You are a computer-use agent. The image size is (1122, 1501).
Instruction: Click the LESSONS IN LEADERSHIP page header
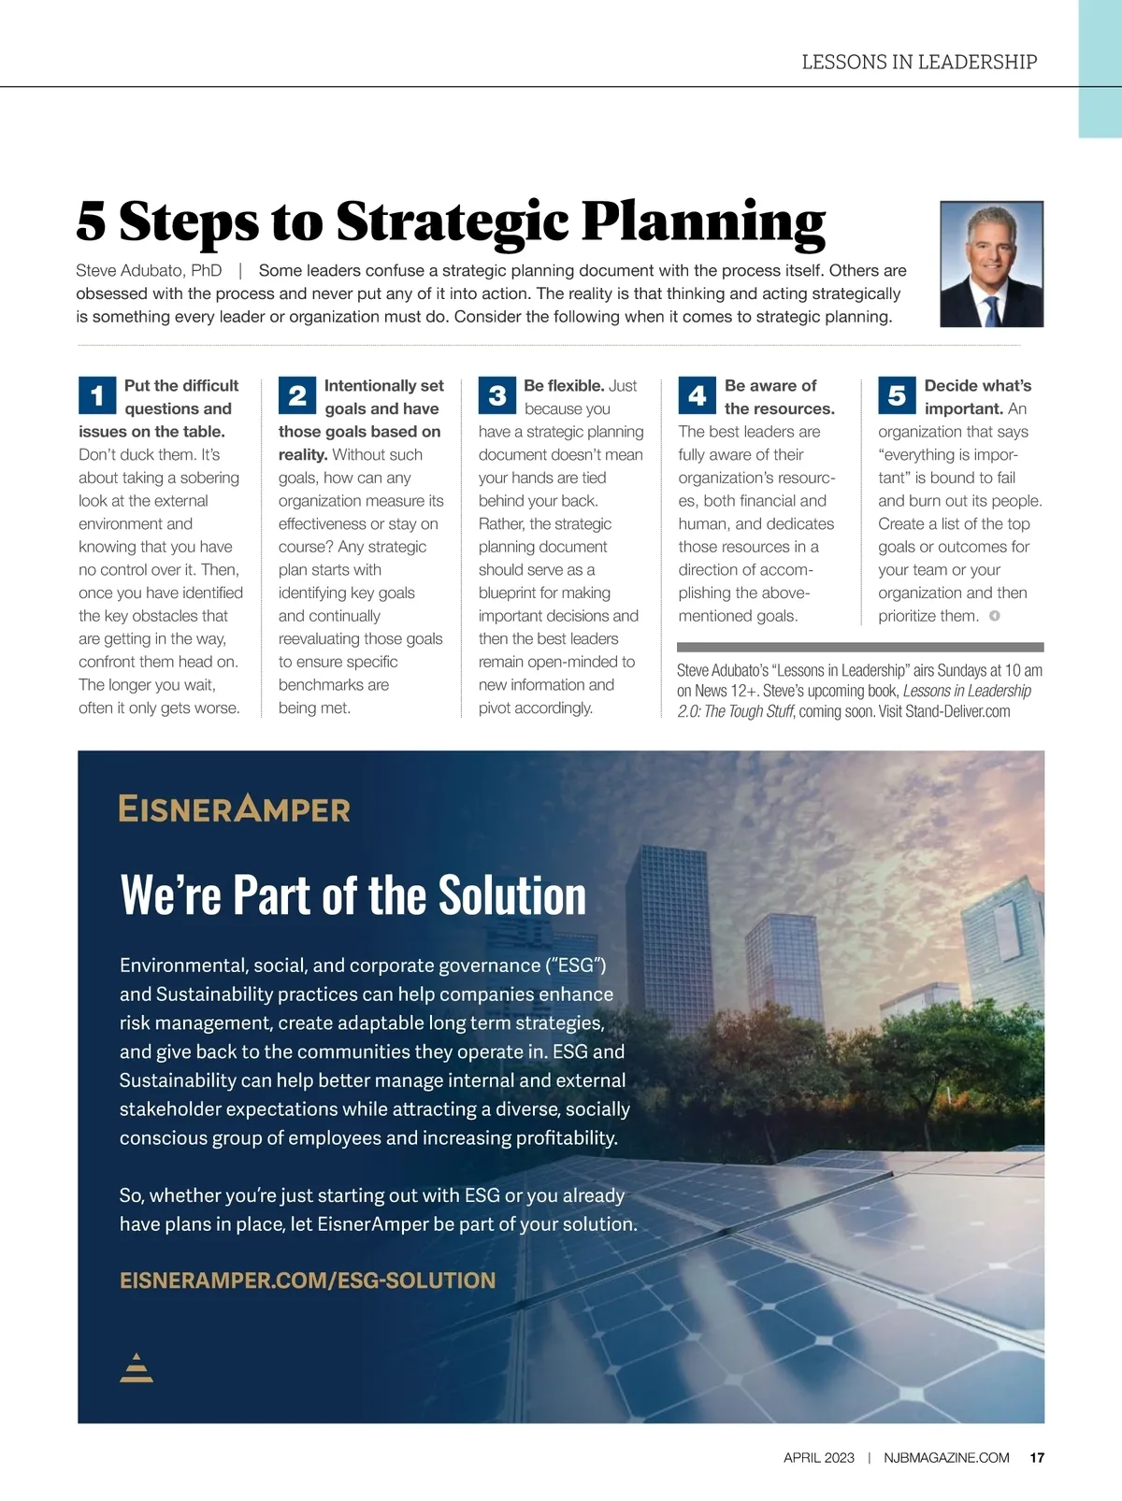coord(919,63)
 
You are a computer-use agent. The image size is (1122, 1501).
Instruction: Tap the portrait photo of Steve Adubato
coord(991,264)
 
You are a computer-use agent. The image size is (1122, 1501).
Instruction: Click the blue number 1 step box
coord(97,396)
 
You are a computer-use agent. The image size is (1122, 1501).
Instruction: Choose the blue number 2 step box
coord(297,396)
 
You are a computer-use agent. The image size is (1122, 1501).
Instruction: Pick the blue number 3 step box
coord(497,396)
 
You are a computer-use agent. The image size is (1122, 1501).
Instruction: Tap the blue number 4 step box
coord(698,396)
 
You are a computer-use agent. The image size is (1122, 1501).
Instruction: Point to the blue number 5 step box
coord(897,396)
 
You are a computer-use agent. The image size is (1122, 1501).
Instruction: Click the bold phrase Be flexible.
coord(564,386)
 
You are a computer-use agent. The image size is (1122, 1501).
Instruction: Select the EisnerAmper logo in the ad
coord(235,808)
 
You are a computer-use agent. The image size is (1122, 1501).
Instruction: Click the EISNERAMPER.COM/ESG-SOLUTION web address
coord(308,1280)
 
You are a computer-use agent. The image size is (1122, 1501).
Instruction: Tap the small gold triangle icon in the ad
coord(137,1367)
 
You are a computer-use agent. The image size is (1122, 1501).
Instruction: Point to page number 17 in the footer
coord(1037,1458)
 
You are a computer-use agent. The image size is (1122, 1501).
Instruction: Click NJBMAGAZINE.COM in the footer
coord(946,1458)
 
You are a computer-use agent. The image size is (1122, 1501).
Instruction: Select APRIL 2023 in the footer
coord(819,1458)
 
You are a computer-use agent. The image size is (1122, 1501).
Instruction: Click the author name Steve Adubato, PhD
coord(149,271)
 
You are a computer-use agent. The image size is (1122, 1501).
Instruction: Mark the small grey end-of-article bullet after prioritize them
coord(995,616)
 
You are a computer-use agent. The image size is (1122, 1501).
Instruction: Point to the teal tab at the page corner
coord(1100,68)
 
